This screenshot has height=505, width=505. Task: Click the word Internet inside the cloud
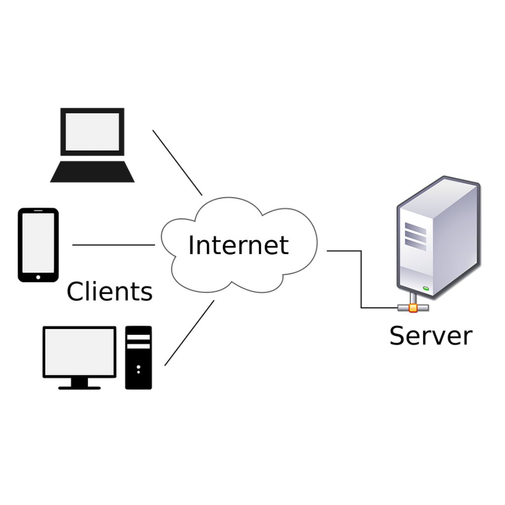[x=238, y=245]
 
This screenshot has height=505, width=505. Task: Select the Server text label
[x=431, y=335]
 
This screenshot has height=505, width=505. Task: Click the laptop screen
[x=92, y=131]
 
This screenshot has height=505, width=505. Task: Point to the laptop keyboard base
[x=92, y=172]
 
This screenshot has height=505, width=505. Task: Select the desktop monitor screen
[x=79, y=351]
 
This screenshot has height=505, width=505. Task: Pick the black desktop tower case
[x=139, y=358]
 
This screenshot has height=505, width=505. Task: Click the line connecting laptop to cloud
[x=178, y=163]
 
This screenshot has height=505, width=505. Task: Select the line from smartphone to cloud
[x=113, y=245]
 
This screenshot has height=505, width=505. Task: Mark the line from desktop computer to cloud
[x=189, y=333]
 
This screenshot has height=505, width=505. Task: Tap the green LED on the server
[x=426, y=288]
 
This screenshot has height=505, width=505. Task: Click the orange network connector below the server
[x=413, y=308]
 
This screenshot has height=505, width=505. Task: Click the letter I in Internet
[x=191, y=245]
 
